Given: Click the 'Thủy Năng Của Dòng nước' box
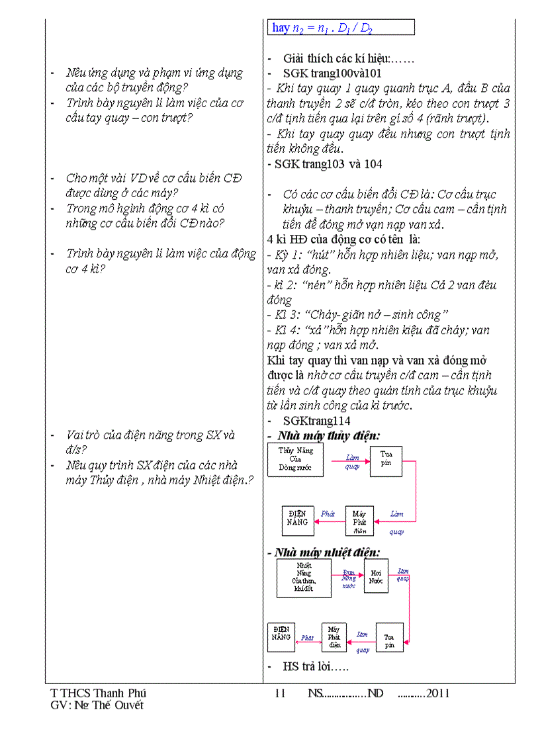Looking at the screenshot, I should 295,460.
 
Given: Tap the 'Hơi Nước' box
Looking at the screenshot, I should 376,576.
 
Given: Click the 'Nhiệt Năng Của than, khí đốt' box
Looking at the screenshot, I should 304,578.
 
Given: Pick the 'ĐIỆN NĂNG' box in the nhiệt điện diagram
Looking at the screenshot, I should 281,637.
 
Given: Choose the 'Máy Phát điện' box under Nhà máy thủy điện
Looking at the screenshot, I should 359,521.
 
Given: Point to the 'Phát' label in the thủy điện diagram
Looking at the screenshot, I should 328,513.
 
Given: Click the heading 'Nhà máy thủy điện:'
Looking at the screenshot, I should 329,436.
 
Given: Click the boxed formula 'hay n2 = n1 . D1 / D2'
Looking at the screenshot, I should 341,28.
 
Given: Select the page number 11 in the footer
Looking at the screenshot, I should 279,693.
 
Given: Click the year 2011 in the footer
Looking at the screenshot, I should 438,693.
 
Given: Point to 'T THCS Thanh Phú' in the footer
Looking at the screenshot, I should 98,693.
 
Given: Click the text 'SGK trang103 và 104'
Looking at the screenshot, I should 324,164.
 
